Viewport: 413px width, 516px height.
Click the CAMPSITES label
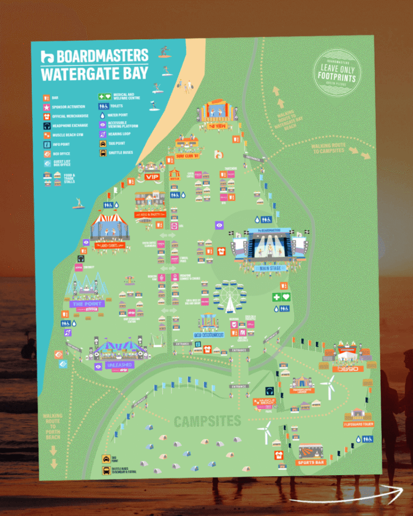click(x=207, y=421)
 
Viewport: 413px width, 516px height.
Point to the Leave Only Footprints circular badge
click(x=337, y=73)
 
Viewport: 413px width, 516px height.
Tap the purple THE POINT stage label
click(x=85, y=304)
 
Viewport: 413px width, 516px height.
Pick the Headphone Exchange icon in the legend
click(x=47, y=125)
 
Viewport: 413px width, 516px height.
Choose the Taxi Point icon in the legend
click(x=102, y=144)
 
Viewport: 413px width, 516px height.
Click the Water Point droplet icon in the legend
click(x=102, y=116)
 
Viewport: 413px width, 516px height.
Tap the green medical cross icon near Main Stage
click(x=276, y=297)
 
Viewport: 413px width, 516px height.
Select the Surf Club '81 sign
click(x=187, y=156)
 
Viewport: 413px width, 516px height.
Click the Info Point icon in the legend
click(x=47, y=144)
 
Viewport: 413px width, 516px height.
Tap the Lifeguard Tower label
click(x=359, y=425)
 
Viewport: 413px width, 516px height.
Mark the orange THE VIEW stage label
click(x=217, y=126)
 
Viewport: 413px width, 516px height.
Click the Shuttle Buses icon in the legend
click(x=102, y=153)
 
